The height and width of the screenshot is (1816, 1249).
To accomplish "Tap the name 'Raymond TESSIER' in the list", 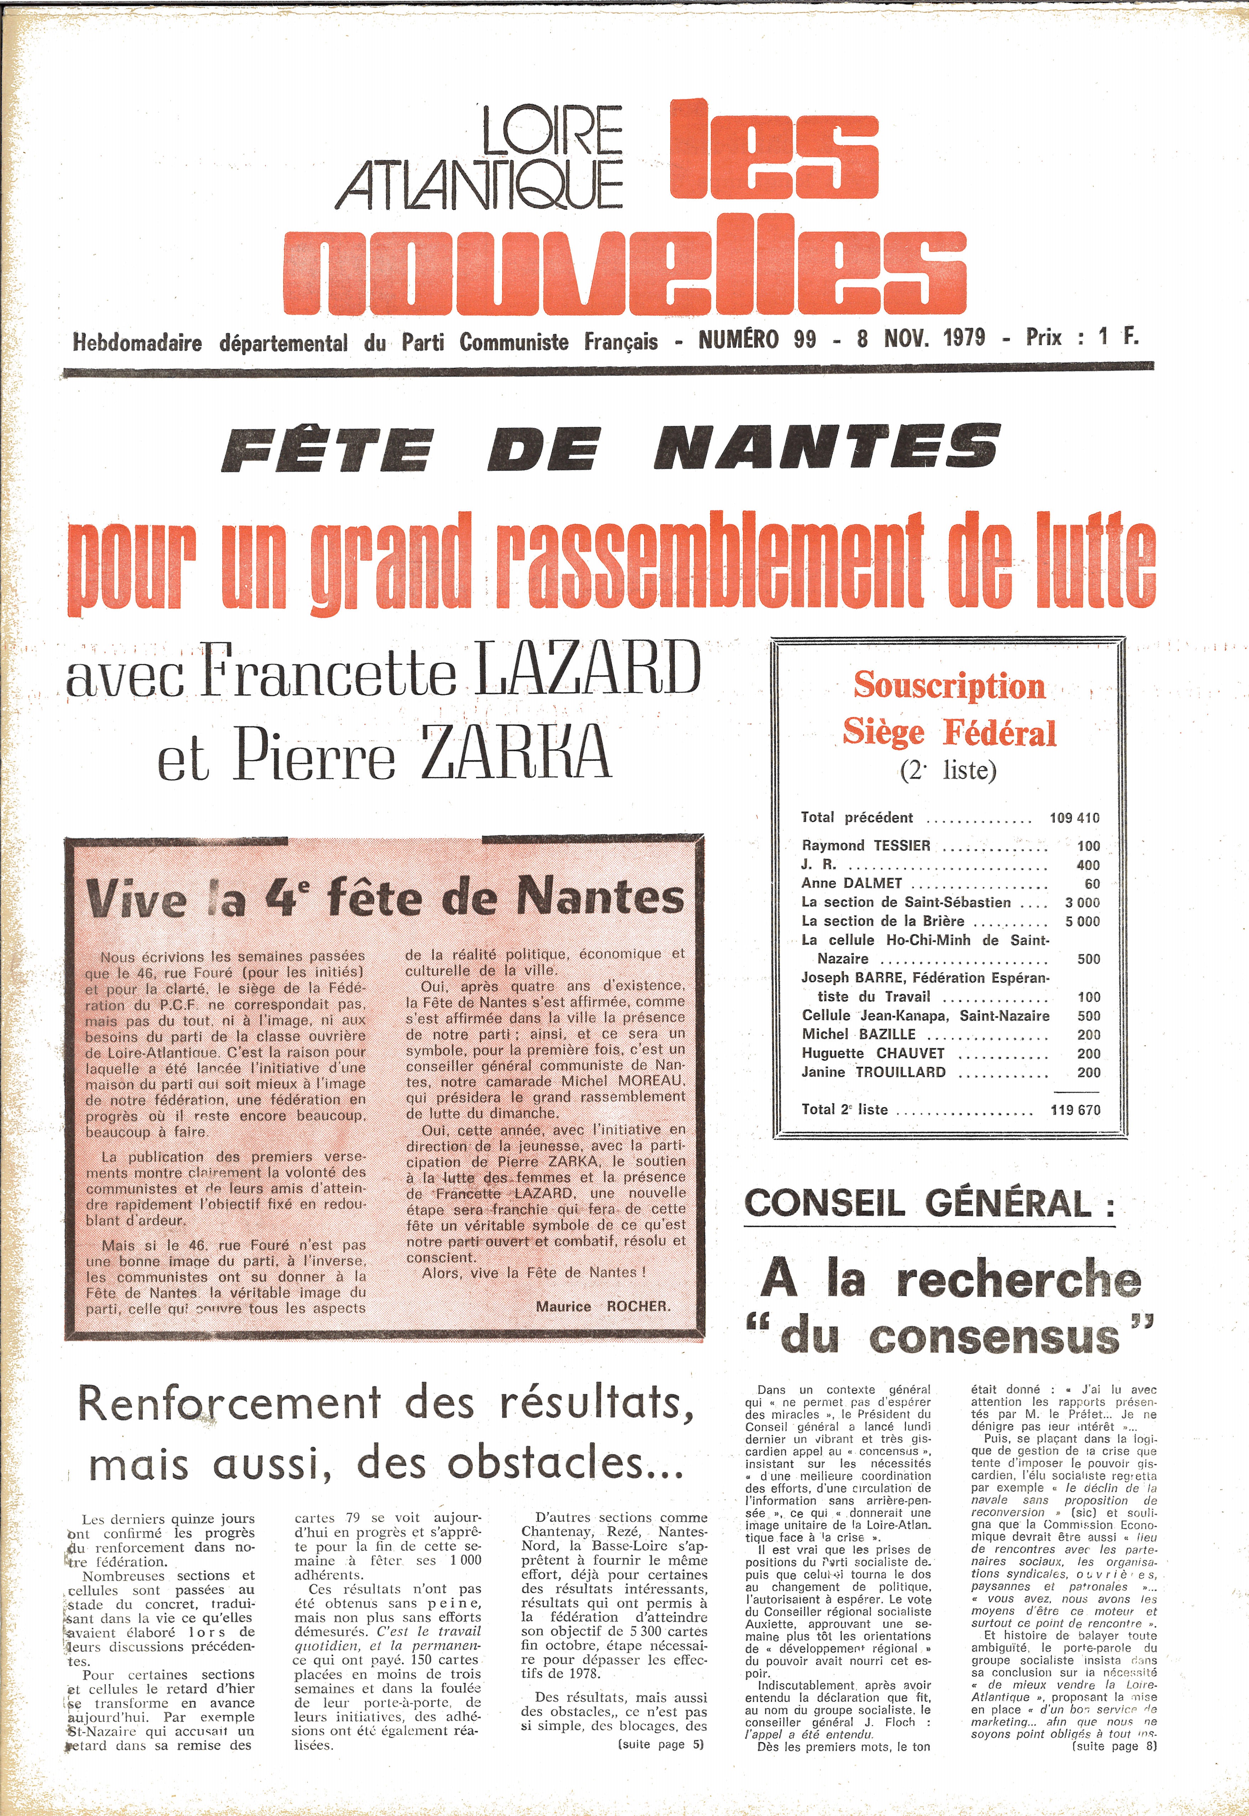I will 865,845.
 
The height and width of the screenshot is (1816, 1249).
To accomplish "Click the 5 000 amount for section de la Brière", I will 1082,921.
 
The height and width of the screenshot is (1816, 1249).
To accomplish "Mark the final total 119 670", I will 1075,1110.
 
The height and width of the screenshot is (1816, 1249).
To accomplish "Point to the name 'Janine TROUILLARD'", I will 873,1072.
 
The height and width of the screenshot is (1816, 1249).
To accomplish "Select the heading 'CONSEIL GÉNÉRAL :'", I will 929,1204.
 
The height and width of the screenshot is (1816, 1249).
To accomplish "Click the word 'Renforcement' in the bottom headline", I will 229,1404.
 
